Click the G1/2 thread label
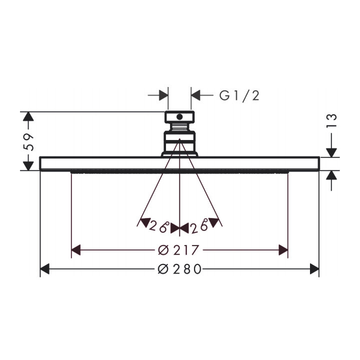point(239,95)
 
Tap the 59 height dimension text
point(28,142)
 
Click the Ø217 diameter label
point(178,250)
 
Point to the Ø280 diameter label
point(179,269)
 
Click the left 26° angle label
point(159,226)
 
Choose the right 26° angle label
point(199,226)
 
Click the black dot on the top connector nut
point(179,117)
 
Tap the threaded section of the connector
point(179,127)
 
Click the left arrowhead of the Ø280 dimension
point(45,269)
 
